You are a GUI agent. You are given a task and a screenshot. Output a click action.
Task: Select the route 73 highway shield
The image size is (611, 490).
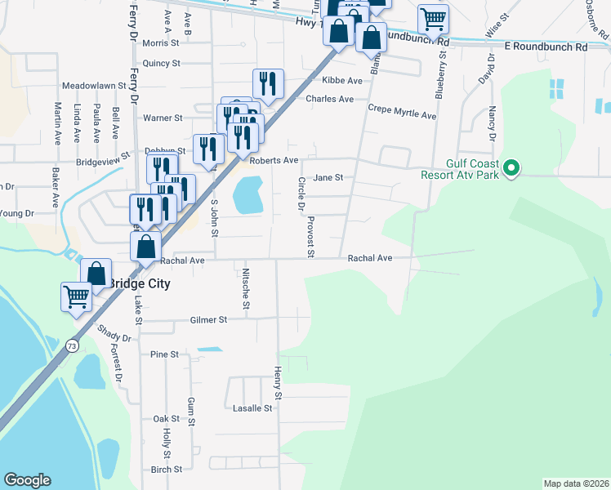click(x=73, y=345)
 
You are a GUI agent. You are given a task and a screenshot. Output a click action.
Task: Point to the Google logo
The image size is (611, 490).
click(x=27, y=480)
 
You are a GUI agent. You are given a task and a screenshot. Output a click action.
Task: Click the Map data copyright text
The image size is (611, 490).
click(x=577, y=483)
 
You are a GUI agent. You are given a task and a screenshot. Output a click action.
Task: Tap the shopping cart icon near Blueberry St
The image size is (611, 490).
click(x=433, y=18)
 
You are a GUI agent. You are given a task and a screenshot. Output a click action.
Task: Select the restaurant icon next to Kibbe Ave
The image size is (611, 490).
click(x=268, y=82)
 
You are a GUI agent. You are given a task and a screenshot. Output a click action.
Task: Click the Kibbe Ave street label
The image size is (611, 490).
click(x=341, y=81)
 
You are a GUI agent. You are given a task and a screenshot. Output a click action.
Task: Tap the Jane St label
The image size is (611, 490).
click(x=328, y=177)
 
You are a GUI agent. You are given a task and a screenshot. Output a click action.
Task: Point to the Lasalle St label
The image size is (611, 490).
click(x=252, y=408)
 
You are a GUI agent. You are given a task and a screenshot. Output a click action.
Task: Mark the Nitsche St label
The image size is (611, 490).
click(x=246, y=290)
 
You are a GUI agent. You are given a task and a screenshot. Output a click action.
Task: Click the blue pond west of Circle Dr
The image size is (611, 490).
click(x=248, y=197)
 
